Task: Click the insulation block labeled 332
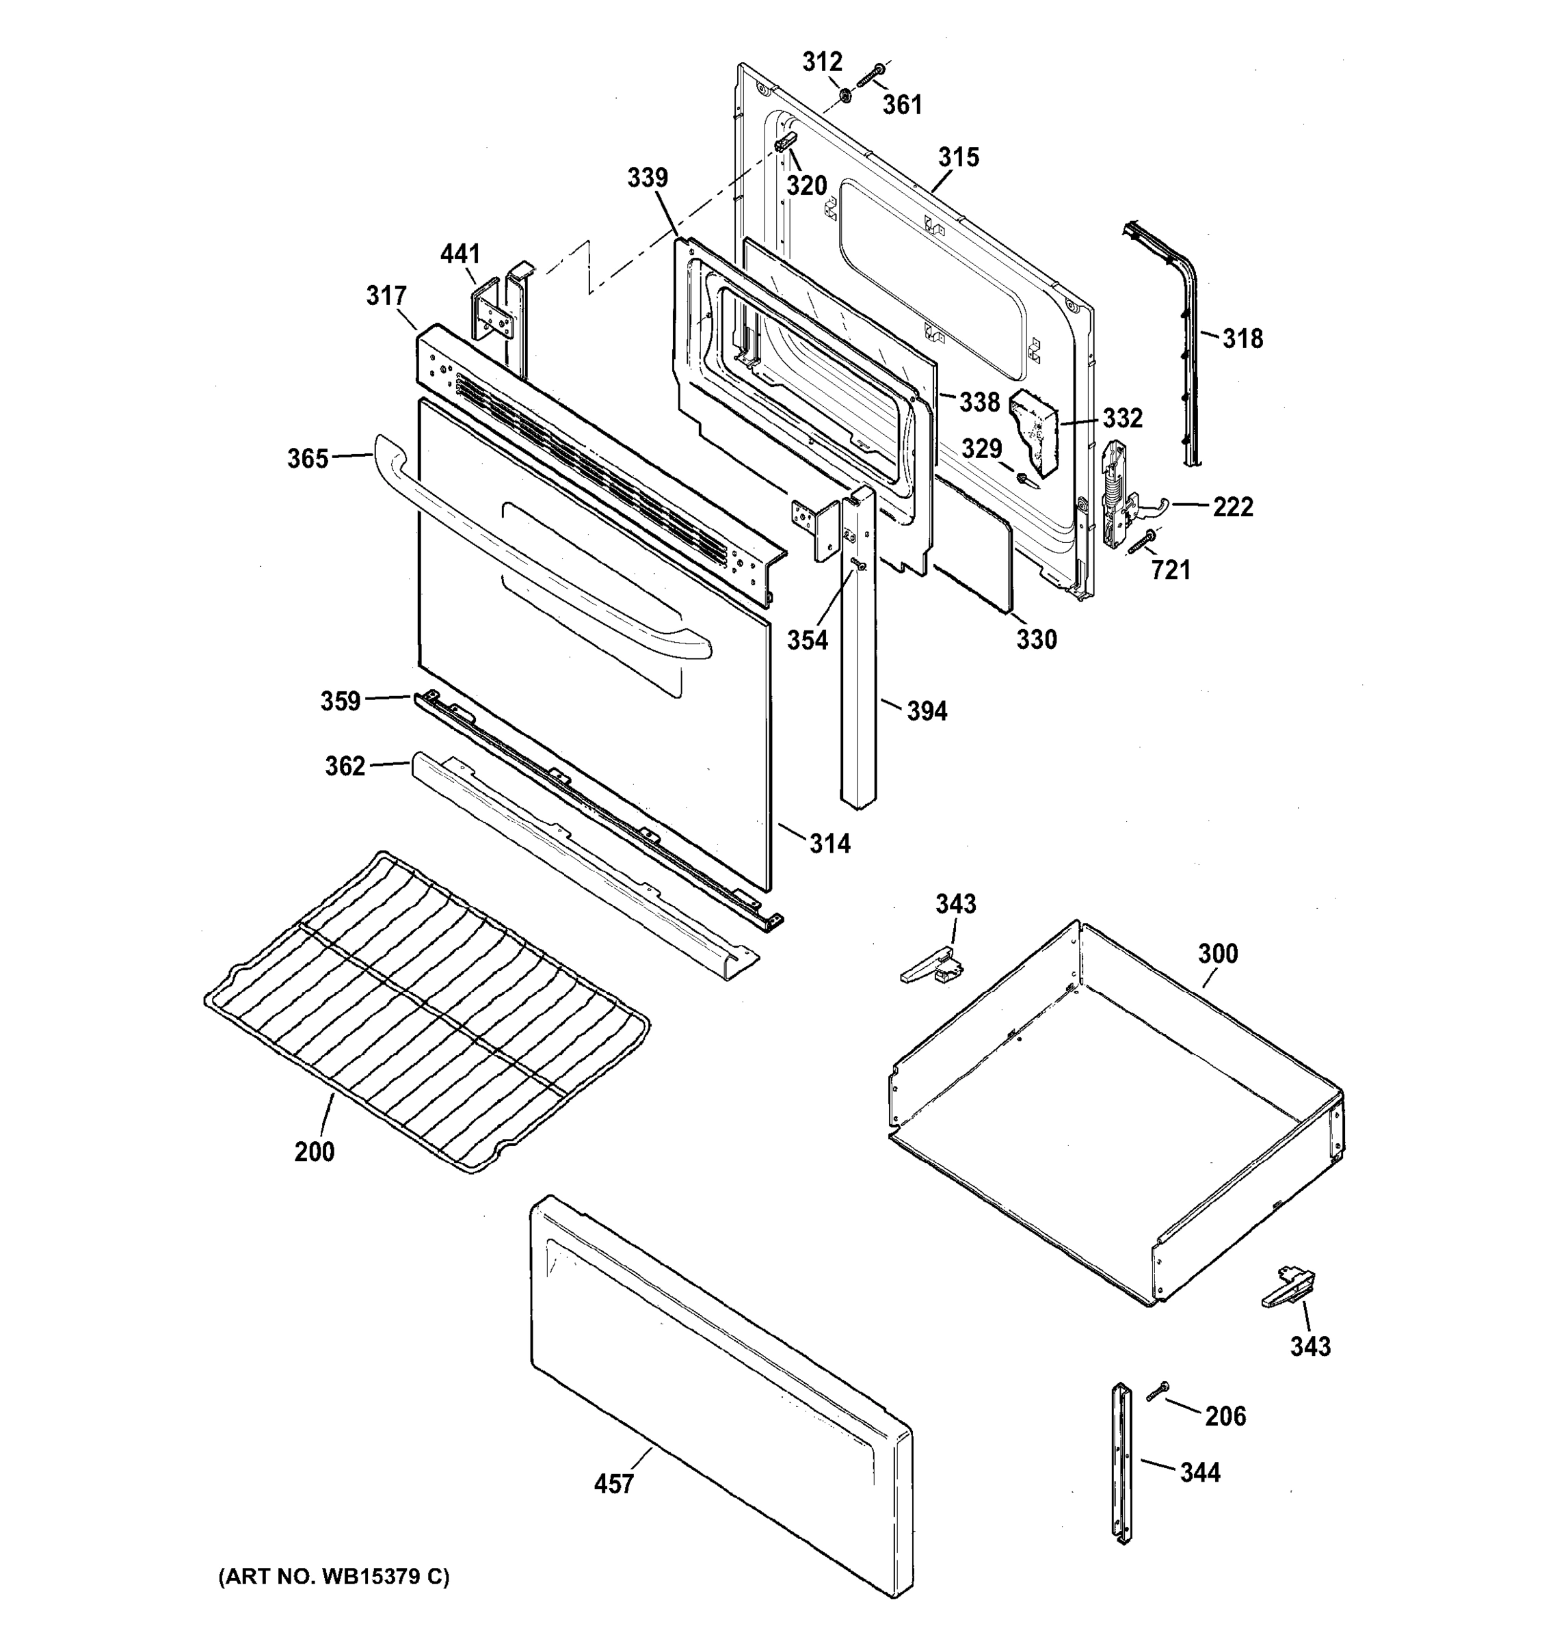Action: [1035, 430]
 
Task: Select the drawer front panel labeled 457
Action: [718, 1395]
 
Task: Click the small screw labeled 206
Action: [1157, 1390]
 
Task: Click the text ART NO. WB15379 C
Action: [334, 1577]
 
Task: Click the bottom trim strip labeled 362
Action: [578, 859]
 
